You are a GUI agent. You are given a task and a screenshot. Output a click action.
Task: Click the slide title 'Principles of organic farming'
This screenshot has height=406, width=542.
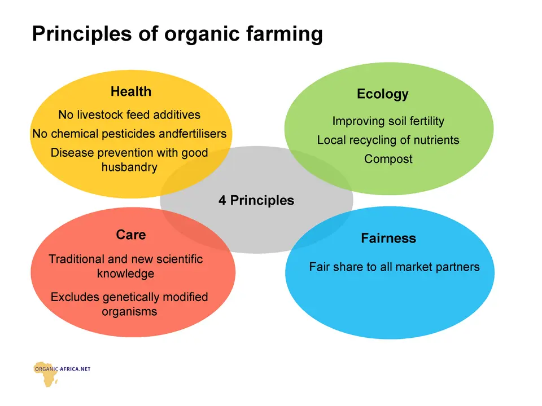[x=177, y=34]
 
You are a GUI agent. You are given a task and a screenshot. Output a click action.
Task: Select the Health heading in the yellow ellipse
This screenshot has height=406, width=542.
[x=131, y=91]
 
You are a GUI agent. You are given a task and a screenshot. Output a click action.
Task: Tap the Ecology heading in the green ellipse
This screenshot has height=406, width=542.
[x=383, y=94]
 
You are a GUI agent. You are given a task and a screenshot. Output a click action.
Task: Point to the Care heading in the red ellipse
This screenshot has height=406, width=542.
[x=131, y=235]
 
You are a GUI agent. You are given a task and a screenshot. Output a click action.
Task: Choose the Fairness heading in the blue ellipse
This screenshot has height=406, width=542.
[x=388, y=238]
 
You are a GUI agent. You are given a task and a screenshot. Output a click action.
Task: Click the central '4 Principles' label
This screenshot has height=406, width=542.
[x=256, y=200]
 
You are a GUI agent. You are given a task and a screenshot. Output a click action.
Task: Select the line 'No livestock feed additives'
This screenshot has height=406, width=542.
[x=129, y=114]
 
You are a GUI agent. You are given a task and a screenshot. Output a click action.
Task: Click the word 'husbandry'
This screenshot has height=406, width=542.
[x=129, y=167]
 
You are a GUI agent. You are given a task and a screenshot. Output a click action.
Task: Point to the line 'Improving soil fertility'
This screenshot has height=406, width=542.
[x=388, y=121]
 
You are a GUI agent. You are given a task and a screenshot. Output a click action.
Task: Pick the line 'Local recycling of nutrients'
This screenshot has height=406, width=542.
[x=388, y=140]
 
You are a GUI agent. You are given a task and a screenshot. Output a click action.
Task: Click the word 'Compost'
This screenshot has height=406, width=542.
[x=388, y=159]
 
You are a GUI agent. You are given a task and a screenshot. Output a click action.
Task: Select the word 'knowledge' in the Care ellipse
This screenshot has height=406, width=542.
[x=125, y=273]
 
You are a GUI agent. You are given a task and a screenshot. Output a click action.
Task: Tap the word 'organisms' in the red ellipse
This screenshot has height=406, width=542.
[x=129, y=312]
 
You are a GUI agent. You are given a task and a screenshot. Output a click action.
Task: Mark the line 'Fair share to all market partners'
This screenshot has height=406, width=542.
[x=395, y=267]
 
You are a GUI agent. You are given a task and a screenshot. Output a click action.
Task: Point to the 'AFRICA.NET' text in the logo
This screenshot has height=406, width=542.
[x=75, y=369]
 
